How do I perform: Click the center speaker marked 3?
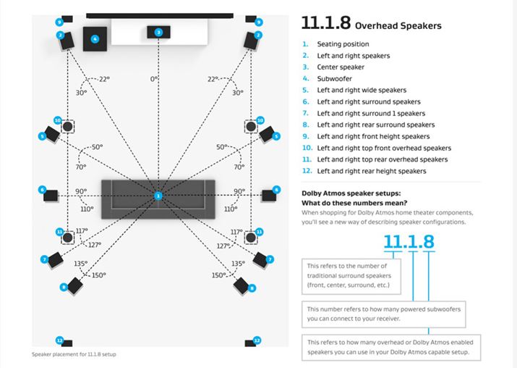click(x=158, y=33)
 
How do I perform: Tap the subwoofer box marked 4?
click(x=95, y=38)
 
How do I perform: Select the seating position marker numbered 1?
click(x=158, y=196)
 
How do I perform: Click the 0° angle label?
click(x=154, y=78)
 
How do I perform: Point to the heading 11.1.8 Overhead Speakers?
click(x=371, y=25)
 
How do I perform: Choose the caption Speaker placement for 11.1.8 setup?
click(x=74, y=354)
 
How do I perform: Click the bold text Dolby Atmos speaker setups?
click(x=350, y=193)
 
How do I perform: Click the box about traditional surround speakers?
click(x=351, y=275)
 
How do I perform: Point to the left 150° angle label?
click(x=97, y=275)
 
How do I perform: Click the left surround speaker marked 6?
click(x=51, y=194)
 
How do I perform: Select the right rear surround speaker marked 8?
click(x=242, y=284)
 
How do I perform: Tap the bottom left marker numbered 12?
click(x=60, y=340)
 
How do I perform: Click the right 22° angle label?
click(x=213, y=79)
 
